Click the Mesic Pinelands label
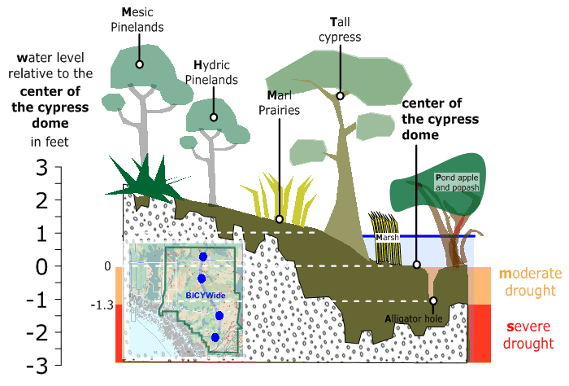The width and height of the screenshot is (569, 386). (x=137, y=20)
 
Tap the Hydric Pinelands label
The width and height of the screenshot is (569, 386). (x=211, y=72)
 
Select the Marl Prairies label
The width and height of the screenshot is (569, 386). (x=279, y=103)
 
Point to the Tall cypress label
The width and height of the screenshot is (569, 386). (x=340, y=29)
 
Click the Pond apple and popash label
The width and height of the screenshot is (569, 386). (x=457, y=182)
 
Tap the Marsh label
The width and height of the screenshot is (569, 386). (x=387, y=238)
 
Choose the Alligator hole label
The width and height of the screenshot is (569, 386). (x=414, y=318)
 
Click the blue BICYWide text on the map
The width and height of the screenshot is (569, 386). (x=206, y=295)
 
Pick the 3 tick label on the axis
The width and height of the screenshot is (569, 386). (x=41, y=168)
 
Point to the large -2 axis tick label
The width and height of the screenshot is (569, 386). (x=37, y=332)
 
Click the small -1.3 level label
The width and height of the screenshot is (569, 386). (x=102, y=305)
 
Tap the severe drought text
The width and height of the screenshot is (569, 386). (x=528, y=335)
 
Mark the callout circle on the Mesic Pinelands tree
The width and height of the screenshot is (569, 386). (x=139, y=64)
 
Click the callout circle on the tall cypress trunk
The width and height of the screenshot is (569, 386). (x=340, y=96)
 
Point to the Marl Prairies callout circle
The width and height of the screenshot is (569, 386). (x=280, y=219)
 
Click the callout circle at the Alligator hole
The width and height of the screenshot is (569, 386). (x=433, y=301)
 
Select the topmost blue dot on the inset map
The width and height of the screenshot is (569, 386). (x=203, y=257)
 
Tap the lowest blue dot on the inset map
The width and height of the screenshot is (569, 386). (x=215, y=338)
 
